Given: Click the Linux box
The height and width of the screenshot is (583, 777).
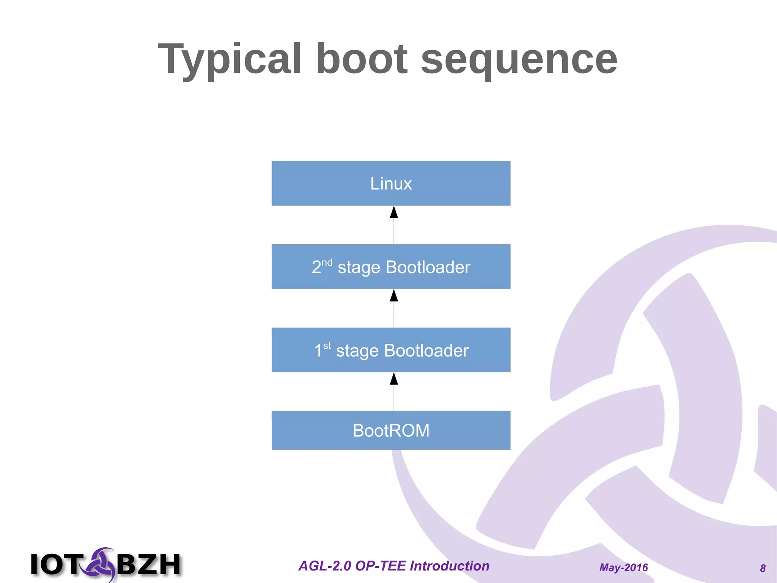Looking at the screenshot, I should tap(391, 183).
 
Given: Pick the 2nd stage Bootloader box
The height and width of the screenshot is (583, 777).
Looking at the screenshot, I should tap(391, 267).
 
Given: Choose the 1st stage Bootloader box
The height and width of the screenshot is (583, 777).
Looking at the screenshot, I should tap(391, 350).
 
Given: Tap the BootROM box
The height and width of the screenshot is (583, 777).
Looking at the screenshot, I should tap(391, 430).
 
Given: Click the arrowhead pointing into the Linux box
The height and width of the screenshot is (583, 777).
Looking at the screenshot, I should tap(394, 212).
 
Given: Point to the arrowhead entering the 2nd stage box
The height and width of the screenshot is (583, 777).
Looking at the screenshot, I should tap(394, 295).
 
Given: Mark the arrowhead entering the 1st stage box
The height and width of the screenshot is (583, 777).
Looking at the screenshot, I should tap(394, 379).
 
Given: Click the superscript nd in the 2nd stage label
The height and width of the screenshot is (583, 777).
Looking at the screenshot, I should tap(327, 262).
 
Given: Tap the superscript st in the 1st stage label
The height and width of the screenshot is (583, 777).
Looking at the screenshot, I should tap(327, 346).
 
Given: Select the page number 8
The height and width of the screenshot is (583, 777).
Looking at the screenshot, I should tap(763, 568).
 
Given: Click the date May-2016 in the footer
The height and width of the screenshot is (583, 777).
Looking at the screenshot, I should tap(623, 567).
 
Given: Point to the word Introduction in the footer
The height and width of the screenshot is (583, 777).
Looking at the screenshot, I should tap(450, 566).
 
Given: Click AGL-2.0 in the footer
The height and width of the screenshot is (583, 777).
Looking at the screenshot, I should tap(325, 566).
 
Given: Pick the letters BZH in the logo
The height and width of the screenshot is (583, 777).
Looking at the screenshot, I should tap(149, 564).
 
